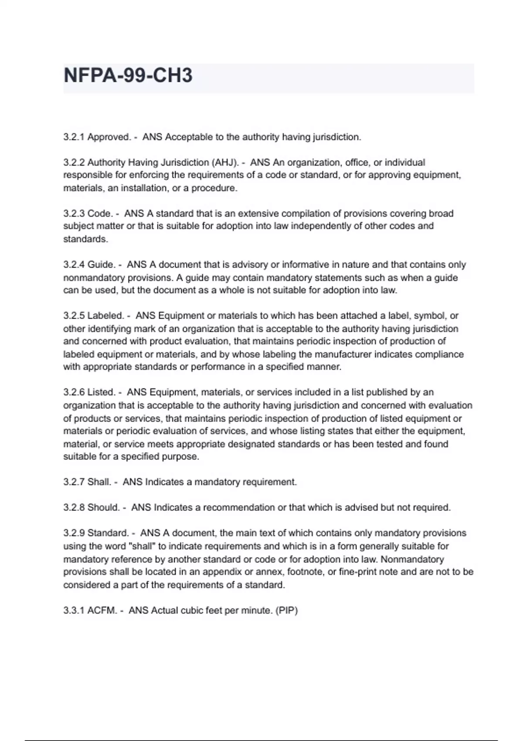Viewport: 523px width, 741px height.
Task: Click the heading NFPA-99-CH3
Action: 128,75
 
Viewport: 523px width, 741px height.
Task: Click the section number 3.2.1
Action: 74,137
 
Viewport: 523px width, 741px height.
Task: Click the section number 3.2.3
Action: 74,214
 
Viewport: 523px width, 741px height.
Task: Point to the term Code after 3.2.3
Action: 100,214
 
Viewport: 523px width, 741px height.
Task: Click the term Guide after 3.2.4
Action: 101,265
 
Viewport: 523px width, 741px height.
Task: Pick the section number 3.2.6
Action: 74,392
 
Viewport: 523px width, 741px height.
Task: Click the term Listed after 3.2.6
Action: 101,392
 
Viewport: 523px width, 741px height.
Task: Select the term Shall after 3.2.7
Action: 99,482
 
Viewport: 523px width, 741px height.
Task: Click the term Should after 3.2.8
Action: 103,508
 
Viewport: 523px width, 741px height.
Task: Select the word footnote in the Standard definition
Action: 307,572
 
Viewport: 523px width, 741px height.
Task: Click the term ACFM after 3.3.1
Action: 102,611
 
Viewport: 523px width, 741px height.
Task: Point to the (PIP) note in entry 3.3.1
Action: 286,611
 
